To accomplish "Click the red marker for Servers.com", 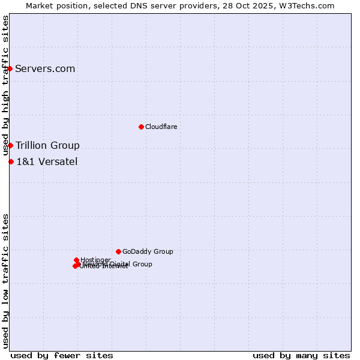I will coord(10,68).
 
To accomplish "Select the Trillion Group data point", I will coord(10,145).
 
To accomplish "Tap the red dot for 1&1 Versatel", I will coord(11,161).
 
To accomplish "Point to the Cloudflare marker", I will coord(141,127).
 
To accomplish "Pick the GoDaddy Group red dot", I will coord(118,251).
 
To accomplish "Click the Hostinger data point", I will coord(76,260).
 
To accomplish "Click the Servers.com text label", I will coord(45,68).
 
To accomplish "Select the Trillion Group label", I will coord(47,145).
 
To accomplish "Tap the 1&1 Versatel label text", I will coord(47,161).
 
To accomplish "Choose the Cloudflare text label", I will coord(161,127).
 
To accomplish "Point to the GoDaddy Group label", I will coord(148,251).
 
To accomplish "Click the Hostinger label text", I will coord(96,260).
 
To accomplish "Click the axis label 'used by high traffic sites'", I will coord(6,85).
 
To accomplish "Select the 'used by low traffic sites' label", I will coord(6,281).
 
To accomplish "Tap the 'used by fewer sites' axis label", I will coord(62,355).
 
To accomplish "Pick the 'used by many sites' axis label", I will coord(301,355).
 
